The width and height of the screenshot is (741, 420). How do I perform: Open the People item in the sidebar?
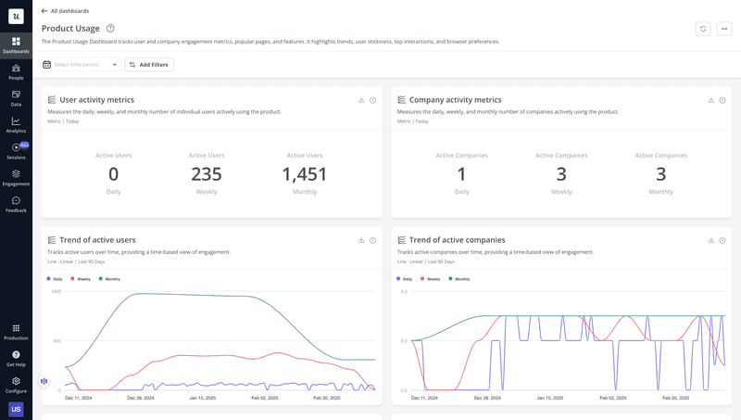(x=16, y=71)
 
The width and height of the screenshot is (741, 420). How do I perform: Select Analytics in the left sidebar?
(x=16, y=124)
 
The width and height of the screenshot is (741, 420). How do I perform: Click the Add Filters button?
(x=149, y=65)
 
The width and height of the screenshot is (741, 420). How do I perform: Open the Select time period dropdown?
(x=82, y=65)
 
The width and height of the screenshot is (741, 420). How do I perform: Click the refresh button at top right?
(x=703, y=29)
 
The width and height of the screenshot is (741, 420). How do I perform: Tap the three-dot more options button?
(x=724, y=29)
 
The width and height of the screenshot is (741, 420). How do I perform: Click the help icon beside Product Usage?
(x=110, y=29)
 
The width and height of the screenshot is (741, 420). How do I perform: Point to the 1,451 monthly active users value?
(x=305, y=174)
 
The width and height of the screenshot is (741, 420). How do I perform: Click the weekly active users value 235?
(x=207, y=174)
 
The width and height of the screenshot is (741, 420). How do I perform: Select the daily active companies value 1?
(x=461, y=174)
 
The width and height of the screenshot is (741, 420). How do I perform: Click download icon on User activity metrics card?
(x=361, y=100)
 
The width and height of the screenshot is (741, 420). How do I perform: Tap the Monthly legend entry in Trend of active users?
(x=109, y=278)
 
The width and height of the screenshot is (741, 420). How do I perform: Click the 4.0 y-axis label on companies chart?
(x=403, y=291)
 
